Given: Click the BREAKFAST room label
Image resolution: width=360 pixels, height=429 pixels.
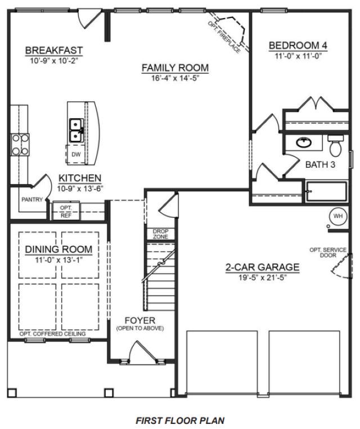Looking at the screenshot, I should pos(54,51).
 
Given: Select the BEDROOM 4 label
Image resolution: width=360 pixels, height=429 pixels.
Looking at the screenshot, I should pos(298,46).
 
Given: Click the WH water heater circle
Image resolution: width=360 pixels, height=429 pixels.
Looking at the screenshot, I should pos(338,216).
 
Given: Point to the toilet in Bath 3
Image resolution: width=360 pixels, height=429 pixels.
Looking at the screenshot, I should pos(336,147).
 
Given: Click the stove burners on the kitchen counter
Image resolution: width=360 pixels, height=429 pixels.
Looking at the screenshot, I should pos(20,144).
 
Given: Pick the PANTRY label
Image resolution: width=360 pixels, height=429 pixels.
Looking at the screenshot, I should pos(32,199).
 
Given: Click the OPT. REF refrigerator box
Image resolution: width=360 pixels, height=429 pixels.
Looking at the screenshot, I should pos(66,211).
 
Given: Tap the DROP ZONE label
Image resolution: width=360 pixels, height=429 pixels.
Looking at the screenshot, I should pos(160,234).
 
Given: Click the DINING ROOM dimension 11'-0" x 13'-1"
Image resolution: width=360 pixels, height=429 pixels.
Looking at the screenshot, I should pos(58,260).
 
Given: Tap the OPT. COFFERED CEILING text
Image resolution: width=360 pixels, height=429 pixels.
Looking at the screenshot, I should pos(52,334).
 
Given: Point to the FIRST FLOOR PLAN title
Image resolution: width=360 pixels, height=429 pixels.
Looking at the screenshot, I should pos(180,420).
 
